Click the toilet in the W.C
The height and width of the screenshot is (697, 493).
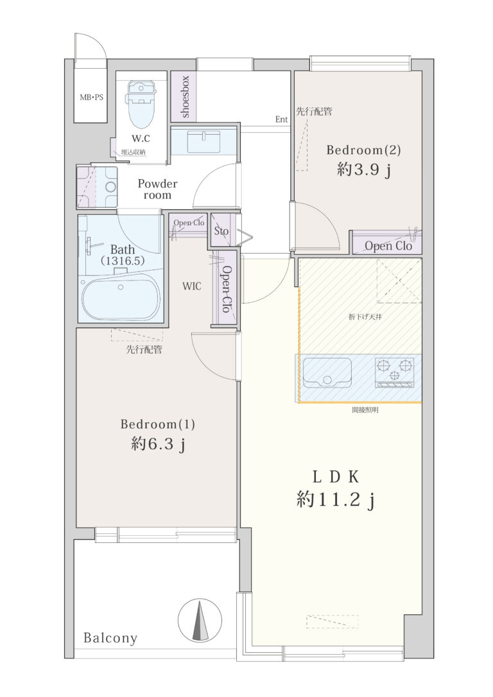141,103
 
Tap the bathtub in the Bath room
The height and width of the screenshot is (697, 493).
121,295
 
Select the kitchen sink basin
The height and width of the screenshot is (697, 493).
327,372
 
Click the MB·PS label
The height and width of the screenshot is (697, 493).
91,97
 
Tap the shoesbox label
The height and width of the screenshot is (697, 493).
185,96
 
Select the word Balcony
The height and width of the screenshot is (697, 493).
110,639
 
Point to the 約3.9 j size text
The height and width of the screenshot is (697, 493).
363,169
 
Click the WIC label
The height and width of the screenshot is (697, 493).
191,286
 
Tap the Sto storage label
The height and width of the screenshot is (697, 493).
221,231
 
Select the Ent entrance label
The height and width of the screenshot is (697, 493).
281,119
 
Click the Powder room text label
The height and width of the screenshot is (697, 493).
157,189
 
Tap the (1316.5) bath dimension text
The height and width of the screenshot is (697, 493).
123,261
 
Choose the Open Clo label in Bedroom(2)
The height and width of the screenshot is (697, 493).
388,246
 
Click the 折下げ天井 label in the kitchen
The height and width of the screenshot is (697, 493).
365,318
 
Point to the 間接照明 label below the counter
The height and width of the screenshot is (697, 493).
365,410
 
